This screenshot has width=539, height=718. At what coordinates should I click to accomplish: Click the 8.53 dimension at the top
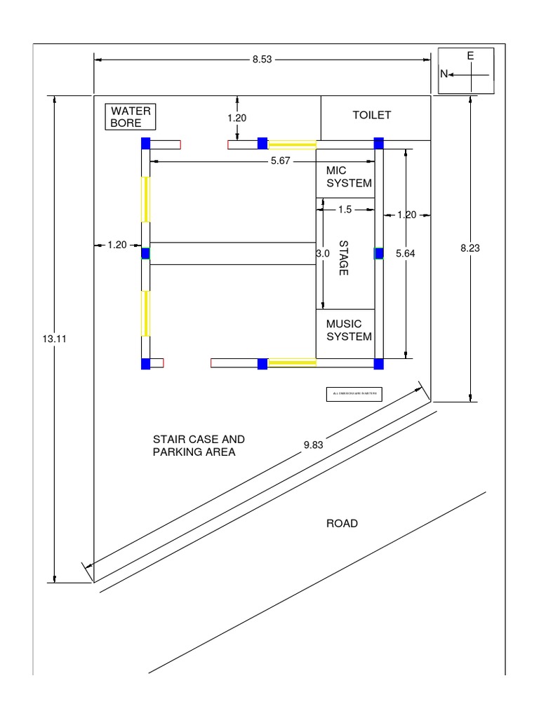pyautogui.click(x=262, y=60)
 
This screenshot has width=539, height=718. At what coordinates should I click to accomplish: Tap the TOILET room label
pyautogui.click(x=371, y=115)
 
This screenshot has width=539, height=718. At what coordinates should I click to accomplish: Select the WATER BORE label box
pyautogui.click(x=131, y=117)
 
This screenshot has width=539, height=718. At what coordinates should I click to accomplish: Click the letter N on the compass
pyautogui.click(x=444, y=74)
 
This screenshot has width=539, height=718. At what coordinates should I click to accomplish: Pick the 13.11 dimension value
pyautogui.click(x=53, y=338)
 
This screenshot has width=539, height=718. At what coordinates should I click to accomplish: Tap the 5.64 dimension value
pyautogui.click(x=406, y=254)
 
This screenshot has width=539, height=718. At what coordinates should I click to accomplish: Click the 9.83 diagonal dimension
pyautogui.click(x=314, y=445)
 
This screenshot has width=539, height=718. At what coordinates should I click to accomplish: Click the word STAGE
pyautogui.click(x=343, y=257)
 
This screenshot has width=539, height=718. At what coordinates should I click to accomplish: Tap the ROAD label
pyautogui.click(x=342, y=523)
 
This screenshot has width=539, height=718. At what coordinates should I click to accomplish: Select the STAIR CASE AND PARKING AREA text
pyautogui.click(x=199, y=445)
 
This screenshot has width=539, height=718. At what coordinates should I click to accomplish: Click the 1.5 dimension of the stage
pyautogui.click(x=345, y=209)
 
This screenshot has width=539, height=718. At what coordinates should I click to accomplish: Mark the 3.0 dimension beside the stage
pyautogui.click(x=322, y=254)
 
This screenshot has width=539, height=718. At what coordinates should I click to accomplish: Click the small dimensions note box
pyautogui.click(x=354, y=395)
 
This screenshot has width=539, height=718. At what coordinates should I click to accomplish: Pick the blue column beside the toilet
pyautogui.click(x=378, y=144)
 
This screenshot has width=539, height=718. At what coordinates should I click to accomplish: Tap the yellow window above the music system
pyautogui.click(x=292, y=363)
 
